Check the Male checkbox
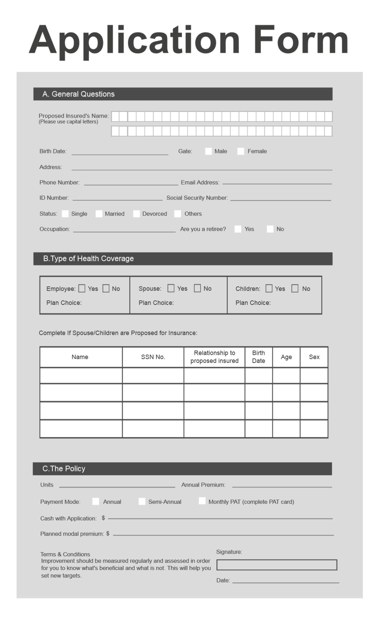[x=208, y=151]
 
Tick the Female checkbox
[x=241, y=151]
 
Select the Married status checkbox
[x=99, y=214]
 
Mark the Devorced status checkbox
[x=137, y=214]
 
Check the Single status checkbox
[x=65, y=214]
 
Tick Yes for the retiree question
[x=238, y=229]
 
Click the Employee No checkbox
[x=106, y=288]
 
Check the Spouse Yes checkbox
[x=171, y=288]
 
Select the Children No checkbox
[x=295, y=288]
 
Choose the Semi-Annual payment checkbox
[x=142, y=501]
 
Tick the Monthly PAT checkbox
[x=202, y=501]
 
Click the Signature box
[x=276, y=565]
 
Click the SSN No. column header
[x=153, y=357]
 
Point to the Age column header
[x=286, y=357]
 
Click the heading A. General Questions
[x=79, y=94]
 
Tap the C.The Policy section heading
[x=64, y=468]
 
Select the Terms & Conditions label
[x=65, y=554]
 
